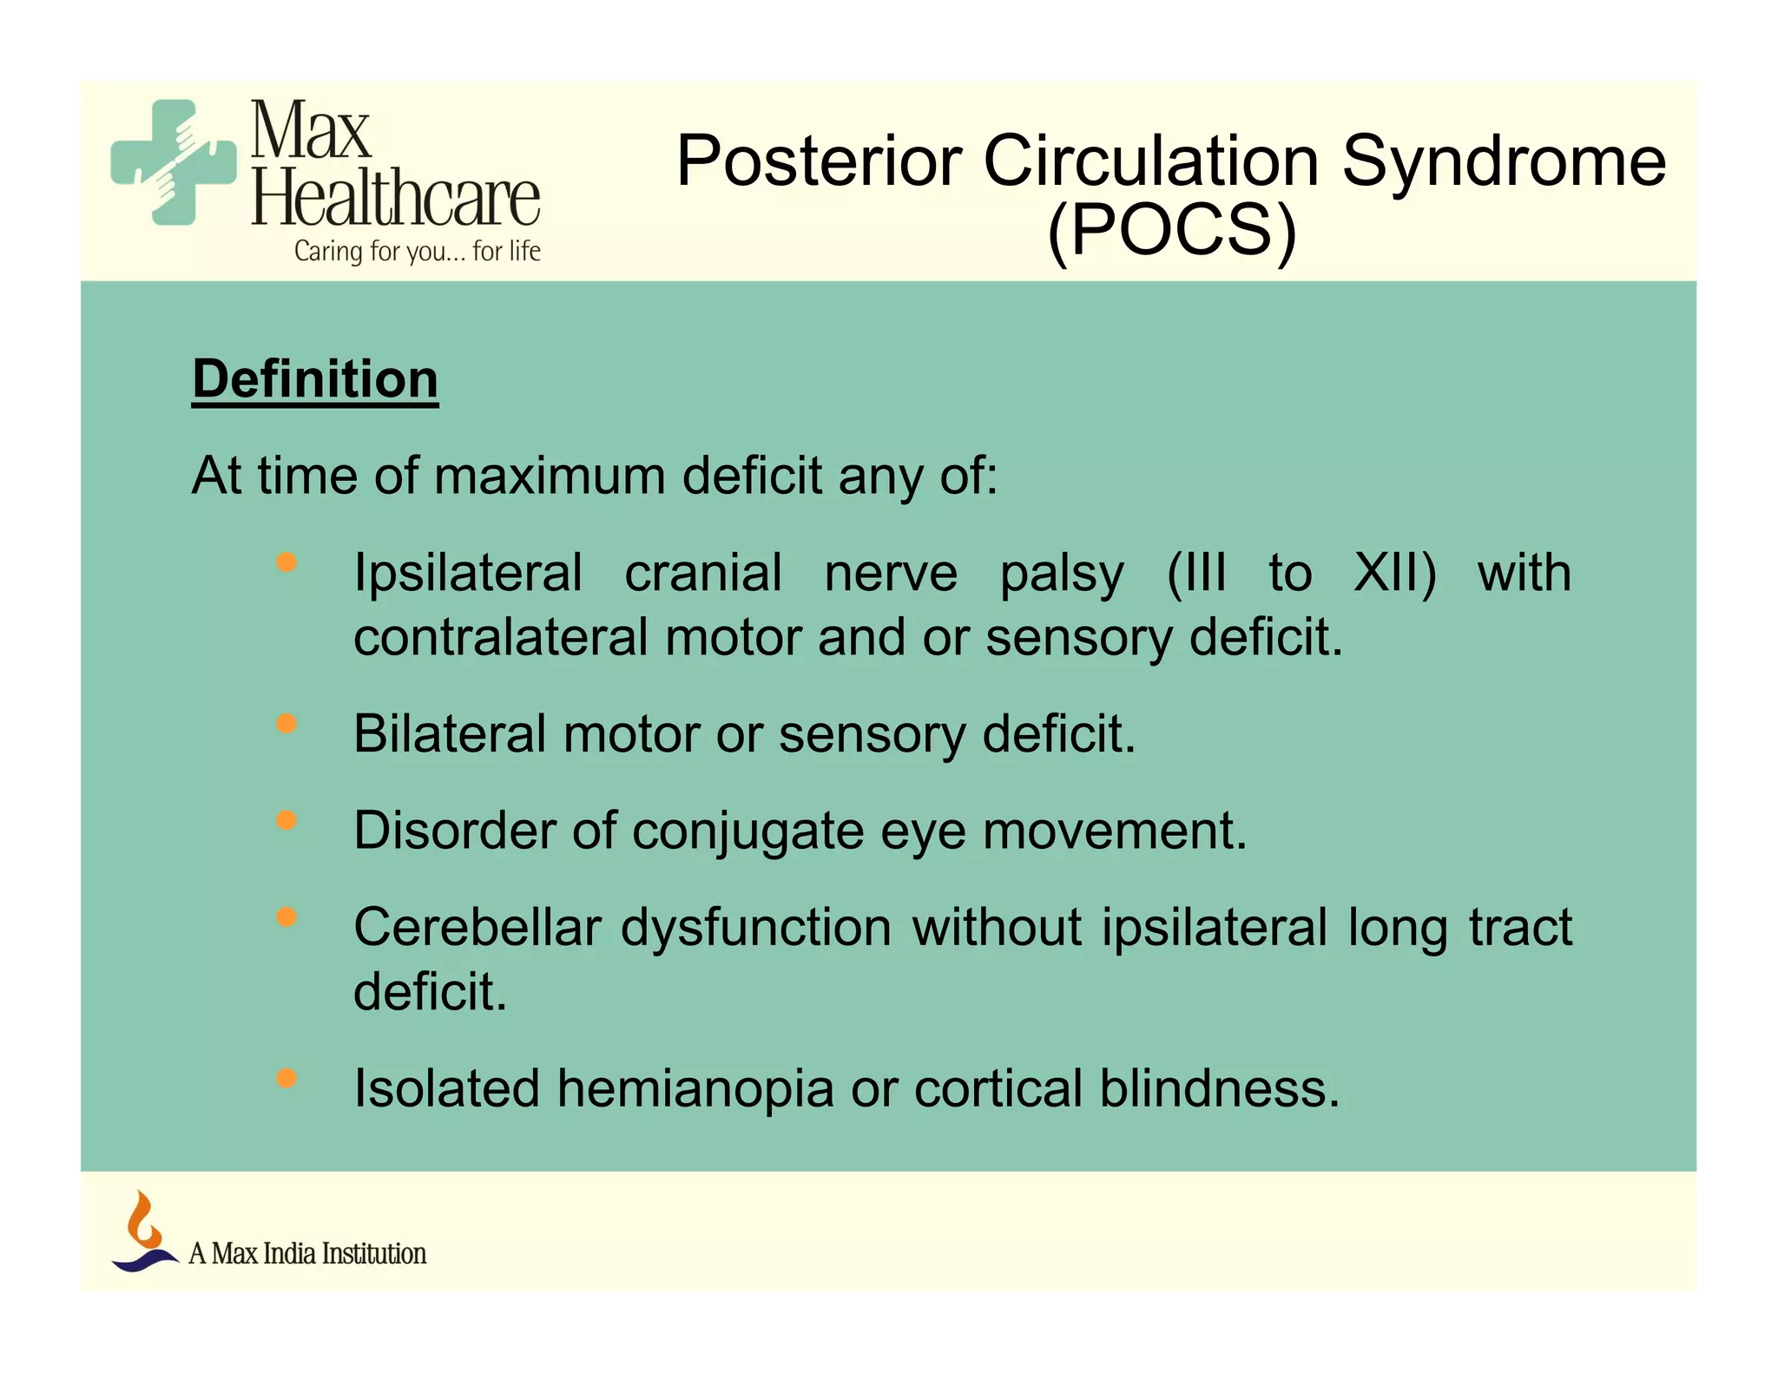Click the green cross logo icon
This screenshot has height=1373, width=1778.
[x=174, y=162]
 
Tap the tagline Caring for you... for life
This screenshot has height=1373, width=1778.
[x=417, y=252]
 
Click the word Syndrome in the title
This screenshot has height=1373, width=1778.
[x=1504, y=161]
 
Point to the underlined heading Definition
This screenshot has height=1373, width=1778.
[x=315, y=379]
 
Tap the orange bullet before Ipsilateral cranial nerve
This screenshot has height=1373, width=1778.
[x=286, y=562]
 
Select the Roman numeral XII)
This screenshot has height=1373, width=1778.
[x=1394, y=573]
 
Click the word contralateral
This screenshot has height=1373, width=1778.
[x=501, y=637]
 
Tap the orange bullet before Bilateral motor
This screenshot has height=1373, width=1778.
[x=286, y=723]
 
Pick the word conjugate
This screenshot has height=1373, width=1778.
[x=747, y=831]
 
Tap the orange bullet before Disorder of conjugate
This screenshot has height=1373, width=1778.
[x=286, y=820]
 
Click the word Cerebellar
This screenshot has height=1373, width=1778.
[x=477, y=927]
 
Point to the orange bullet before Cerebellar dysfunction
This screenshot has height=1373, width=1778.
[x=286, y=916]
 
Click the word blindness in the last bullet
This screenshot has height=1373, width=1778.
[x=1219, y=1088]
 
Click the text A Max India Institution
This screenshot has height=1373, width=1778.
[x=307, y=1254]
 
